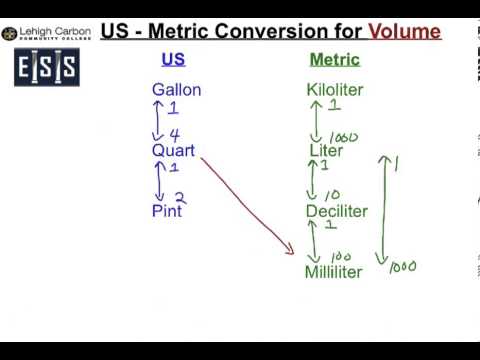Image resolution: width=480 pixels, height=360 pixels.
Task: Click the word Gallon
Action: coord(176,90)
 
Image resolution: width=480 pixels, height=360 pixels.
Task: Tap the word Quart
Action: coord(173,151)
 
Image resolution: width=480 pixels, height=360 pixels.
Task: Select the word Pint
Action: coord(167,211)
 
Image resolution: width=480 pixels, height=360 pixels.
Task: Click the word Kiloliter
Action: coord(334,90)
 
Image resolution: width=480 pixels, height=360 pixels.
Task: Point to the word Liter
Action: coord(326,151)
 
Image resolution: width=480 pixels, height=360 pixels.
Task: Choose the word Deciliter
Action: coord(336,211)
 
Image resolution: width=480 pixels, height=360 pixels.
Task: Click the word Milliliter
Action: coord(334,272)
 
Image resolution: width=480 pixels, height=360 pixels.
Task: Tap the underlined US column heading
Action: coord(173,60)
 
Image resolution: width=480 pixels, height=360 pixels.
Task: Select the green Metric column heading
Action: coord(334,60)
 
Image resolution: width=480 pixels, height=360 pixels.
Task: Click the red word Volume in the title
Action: coord(404,31)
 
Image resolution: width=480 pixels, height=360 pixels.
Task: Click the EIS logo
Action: coord(47,69)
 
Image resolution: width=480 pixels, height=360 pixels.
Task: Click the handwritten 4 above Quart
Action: coord(175,135)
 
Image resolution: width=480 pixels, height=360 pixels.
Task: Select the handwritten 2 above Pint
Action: coord(180,198)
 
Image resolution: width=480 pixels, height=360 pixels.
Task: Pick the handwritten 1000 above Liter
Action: coord(343,137)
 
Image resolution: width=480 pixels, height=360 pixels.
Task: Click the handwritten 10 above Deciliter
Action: coord(332,196)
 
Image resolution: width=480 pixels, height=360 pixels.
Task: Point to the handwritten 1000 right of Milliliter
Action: coord(402,266)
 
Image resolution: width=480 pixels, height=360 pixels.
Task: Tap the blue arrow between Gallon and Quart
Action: coord(158,120)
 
